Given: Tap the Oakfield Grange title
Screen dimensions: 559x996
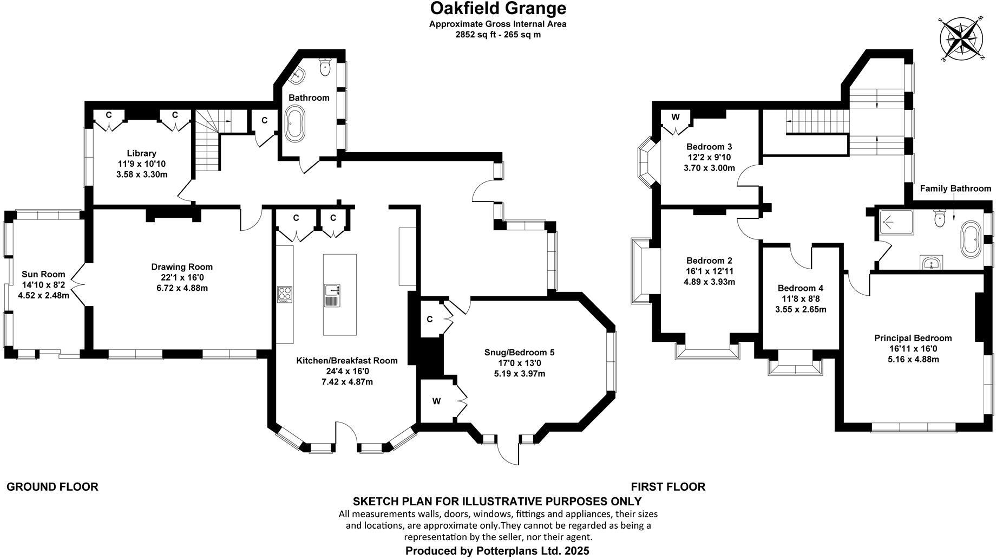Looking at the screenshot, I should click(498, 9).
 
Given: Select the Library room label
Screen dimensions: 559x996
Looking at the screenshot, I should click(141, 153).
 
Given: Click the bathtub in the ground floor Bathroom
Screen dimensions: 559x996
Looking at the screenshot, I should click(295, 123).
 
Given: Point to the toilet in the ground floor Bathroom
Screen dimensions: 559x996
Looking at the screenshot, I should click(325, 67).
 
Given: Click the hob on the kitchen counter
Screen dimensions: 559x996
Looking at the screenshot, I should click(285, 294).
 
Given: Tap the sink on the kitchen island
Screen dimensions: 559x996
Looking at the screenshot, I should click(331, 294).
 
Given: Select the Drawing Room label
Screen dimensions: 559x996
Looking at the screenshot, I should click(182, 266).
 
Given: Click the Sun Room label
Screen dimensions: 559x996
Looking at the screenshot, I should click(43, 274).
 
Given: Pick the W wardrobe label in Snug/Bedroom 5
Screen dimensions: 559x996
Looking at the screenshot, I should click(436, 401).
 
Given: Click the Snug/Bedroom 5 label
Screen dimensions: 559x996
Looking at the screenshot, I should click(519, 353).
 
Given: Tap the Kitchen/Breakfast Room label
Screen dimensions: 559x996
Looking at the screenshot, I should click(346, 361).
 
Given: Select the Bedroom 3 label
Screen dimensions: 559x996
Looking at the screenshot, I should click(709, 147).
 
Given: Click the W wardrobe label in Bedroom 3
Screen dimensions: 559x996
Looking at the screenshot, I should click(676, 117).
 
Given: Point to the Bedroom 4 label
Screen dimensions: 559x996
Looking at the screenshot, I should click(800, 288).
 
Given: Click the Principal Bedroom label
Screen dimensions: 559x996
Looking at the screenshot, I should click(913, 338).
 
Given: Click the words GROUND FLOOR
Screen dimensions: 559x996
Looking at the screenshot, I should click(53, 487).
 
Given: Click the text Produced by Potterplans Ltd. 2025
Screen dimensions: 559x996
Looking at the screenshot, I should click(497, 551).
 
